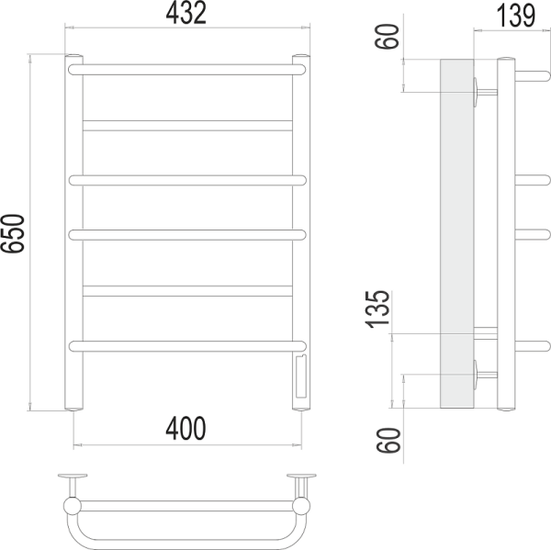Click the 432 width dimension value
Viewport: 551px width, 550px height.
tap(186, 13)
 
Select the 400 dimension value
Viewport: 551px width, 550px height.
tap(186, 427)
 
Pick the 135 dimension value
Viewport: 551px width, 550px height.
tap(377, 310)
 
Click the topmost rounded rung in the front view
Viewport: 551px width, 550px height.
tap(186, 68)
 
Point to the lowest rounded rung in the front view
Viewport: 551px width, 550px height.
tap(186, 345)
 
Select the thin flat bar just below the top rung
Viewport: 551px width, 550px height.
tap(186, 124)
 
